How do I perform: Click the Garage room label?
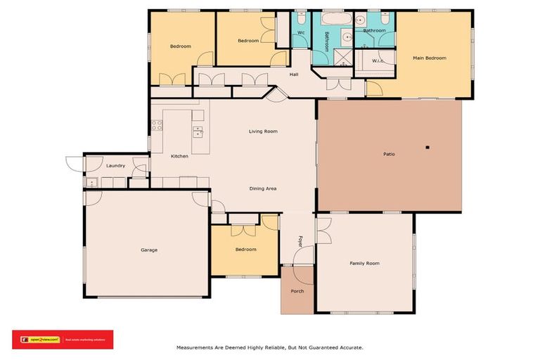(148, 250)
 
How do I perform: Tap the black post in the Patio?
(427, 147)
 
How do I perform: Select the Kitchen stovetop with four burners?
(157, 127)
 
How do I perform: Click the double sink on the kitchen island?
(198, 130)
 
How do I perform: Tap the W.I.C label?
(378, 61)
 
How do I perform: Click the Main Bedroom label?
(429, 58)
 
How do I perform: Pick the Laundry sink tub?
(91, 183)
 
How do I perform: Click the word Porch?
(297, 290)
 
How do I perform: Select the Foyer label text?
(300, 241)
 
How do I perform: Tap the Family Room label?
(364, 263)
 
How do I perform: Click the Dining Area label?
(262, 188)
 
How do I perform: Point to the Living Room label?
(263, 131)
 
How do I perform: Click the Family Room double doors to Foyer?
(323, 230)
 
